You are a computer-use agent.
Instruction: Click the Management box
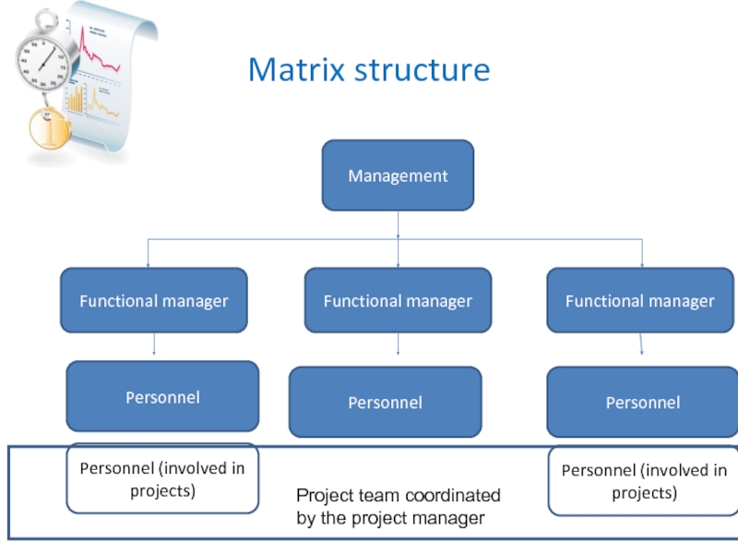(398, 175)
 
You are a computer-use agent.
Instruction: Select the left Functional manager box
(154, 300)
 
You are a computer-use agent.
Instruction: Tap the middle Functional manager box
(398, 300)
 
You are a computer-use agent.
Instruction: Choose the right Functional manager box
(640, 300)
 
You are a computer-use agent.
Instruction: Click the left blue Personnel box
(162, 396)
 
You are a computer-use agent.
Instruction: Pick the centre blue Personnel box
(385, 402)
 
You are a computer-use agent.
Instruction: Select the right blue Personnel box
(642, 402)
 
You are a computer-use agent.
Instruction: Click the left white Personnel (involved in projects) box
(162, 478)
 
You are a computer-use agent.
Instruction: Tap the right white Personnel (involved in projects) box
(644, 480)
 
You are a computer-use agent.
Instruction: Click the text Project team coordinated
(399, 496)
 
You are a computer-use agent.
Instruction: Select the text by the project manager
(390, 518)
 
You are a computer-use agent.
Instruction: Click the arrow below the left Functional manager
(154, 343)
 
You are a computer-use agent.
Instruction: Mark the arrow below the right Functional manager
(641, 344)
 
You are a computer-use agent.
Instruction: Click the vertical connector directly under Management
(398, 224)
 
